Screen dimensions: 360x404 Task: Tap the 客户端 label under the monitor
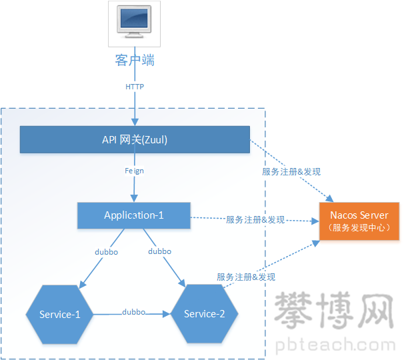pyautogui.click(x=135, y=61)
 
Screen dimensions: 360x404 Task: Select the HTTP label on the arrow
pyautogui.click(x=135, y=87)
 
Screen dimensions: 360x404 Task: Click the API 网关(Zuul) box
pyautogui.click(x=135, y=139)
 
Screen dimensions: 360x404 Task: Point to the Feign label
pyautogui.click(x=135, y=171)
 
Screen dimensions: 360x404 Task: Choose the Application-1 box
pyautogui.click(x=134, y=215)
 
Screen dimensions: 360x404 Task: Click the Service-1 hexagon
pyautogui.click(x=59, y=314)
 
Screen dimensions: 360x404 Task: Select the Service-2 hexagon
pyautogui.click(x=205, y=314)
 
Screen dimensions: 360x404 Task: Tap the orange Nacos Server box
pyautogui.click(x=359, y=221)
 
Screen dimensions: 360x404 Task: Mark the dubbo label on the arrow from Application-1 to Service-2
pyautogui.click(x=159, y=251)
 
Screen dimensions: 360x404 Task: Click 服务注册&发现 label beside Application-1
pyautogui.click(x=255, y=219)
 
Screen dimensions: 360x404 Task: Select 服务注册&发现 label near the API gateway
pyautogui.click(x=291, y=171)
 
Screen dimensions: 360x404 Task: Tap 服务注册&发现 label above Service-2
pyautogui.click(x=246, y=277)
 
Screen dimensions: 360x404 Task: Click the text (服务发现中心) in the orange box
pyautogui.click(x=359, y=228)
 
